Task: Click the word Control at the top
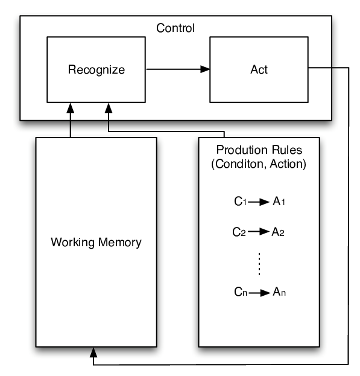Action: pos(175,28)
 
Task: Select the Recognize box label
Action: pos(96,70)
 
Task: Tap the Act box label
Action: pos(259,69)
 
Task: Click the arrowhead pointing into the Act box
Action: pos(205,69)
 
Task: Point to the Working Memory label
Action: pos(96,242)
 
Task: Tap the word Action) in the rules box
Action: pos(288,164)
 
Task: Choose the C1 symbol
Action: pos(240,202)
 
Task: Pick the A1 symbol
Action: pos(279,202)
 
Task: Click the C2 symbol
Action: pos(239,232)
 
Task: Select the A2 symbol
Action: pos(278,232)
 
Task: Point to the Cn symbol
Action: pos(241,292)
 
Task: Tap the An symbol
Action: pos(279,292)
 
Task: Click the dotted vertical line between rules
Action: pos(259,264)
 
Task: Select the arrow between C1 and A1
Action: pos(259,202)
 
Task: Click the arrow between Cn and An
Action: pos(259,293)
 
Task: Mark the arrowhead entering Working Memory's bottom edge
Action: pos(93,352)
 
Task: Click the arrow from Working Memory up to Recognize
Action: pos(71,120)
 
